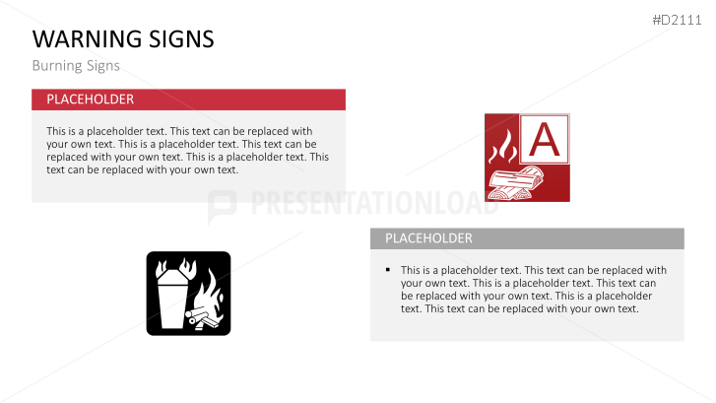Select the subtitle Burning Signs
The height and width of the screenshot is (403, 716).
[x=75, y=66]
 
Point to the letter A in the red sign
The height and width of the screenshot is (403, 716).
[x=544, y=141]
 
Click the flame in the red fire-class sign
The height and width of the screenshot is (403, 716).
[x=502, y=147]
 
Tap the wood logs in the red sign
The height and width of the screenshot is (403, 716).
[x=515, y=183]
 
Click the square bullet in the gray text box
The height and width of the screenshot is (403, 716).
[x=389, y=269]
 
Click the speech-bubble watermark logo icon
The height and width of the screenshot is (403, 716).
[x=223, y=205]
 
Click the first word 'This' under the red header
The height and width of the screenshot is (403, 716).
[x=56, y=131]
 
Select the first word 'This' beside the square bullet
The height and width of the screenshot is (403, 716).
[x=411, y=270]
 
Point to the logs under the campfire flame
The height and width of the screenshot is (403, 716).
[x=207, y=318]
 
